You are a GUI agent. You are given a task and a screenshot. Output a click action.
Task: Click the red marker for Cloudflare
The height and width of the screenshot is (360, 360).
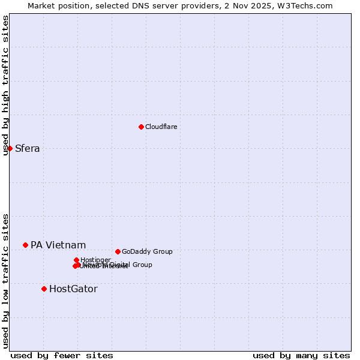click(141, 127)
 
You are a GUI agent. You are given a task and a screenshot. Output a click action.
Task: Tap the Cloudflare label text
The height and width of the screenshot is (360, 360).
click(161, 127)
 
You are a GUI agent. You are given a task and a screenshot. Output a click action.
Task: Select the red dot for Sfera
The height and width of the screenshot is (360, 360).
click(10, 148)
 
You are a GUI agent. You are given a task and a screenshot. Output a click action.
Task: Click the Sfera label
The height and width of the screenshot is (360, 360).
click(28, 149)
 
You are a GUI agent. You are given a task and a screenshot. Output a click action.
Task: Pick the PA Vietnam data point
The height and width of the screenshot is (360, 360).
click(25, 245)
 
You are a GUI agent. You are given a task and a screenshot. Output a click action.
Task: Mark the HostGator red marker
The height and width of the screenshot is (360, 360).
click(44, 289)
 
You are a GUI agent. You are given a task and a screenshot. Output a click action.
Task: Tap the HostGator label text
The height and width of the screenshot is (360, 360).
click(73, 289)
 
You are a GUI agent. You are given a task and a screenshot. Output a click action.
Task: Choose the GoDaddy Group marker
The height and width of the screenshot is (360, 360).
click(118, 251)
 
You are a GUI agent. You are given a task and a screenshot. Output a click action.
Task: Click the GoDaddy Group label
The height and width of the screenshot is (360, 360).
click(147, 251)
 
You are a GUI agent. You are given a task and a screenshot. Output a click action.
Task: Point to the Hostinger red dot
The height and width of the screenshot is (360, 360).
click(76, 260)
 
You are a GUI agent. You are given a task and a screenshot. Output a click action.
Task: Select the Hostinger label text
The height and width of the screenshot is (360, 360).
click(95, 260)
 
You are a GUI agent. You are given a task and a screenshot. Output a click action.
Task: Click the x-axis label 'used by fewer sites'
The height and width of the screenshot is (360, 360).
click(62, 355)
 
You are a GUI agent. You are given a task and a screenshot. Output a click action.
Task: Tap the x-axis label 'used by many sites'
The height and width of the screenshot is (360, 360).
click(301, 355)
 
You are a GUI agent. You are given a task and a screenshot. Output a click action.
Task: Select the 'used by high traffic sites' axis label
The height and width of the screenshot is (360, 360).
click(5, 85)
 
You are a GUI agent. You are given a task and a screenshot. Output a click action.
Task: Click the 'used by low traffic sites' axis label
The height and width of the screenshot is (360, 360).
click(5, 281)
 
